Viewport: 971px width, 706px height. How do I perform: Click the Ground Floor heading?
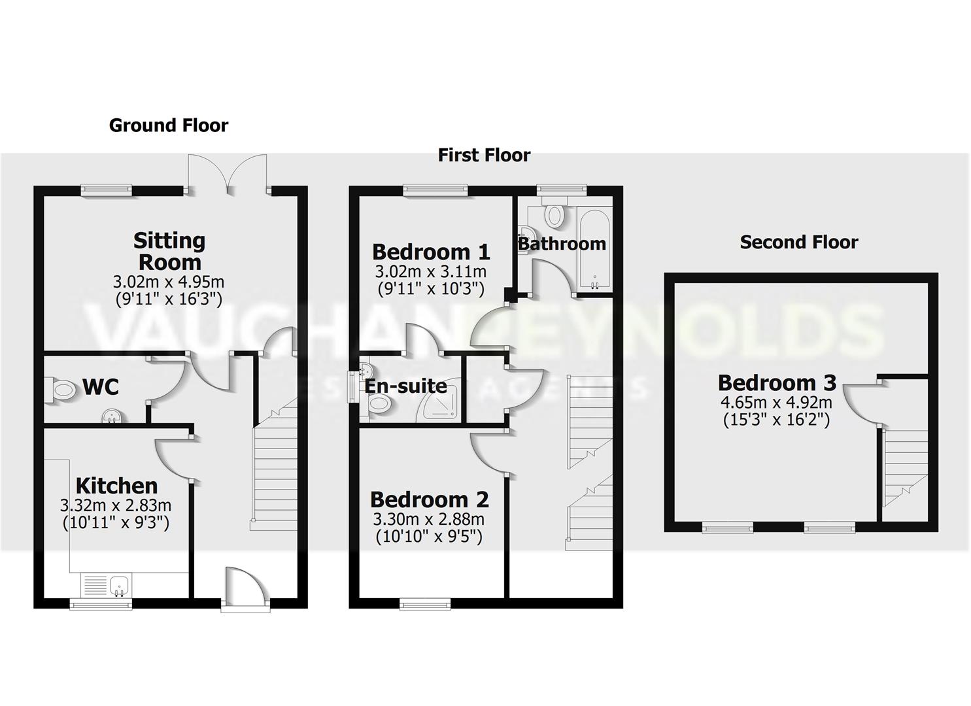tap(169, 125)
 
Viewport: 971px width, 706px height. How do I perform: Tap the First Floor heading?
tap(484, 155)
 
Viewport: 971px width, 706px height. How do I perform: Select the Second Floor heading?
tap(798, 242)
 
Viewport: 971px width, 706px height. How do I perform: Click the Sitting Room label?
tap(169, 251)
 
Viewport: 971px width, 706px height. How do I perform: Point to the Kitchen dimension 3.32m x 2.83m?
tap(116, 505)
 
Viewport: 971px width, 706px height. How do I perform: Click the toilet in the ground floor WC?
tap(63, 391)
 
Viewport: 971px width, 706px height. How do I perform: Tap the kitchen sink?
tap(119, 585)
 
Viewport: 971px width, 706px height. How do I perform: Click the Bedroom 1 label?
tap(431, 252)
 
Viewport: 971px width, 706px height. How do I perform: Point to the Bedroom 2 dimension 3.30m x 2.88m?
tap(429, 520)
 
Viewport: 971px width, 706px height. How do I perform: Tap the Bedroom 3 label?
tap(777, 382)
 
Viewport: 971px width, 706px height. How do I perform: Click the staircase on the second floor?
tap(906, 468)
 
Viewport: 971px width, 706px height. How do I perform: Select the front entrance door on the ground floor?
tap(245, 588)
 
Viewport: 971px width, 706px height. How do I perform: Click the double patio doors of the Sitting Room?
tap(228, 173)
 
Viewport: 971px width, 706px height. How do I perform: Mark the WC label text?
tap(101, 387)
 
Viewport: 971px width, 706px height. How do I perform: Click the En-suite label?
tap(405, 386)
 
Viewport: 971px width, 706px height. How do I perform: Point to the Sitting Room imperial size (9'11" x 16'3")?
tap(169, 299)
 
